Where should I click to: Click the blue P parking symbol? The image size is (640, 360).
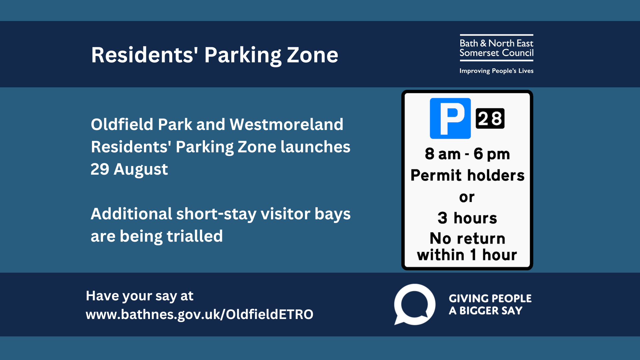(x=450, y=118)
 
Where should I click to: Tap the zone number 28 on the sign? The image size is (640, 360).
(x=490, y=118)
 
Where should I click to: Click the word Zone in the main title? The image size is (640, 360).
(x=312, y=55)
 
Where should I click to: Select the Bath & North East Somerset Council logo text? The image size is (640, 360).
(x=496, y=48)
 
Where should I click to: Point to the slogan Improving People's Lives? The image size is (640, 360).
(x=496, y=71)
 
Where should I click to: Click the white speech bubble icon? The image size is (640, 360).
(x=415, y=304)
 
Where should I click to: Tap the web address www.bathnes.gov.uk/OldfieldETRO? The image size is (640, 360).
(x=199, y=314)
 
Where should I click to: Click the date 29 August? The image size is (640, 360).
(x=129, y=169)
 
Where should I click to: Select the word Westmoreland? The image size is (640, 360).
(x=286, y=124)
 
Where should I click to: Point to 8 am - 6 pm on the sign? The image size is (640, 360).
(x=467, y=154)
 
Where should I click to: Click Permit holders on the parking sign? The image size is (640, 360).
(x=467, y=175)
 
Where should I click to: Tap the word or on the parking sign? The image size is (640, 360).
(x=467, y=197)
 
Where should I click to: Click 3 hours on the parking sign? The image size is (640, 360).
(x=467, y=218)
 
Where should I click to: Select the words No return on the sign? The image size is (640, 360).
(x=467, y=239)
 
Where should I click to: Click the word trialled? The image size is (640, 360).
(x=195, y=236)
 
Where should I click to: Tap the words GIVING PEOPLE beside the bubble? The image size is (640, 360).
(x=490, y=298)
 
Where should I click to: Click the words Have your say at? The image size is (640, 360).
(x=140, y=296)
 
